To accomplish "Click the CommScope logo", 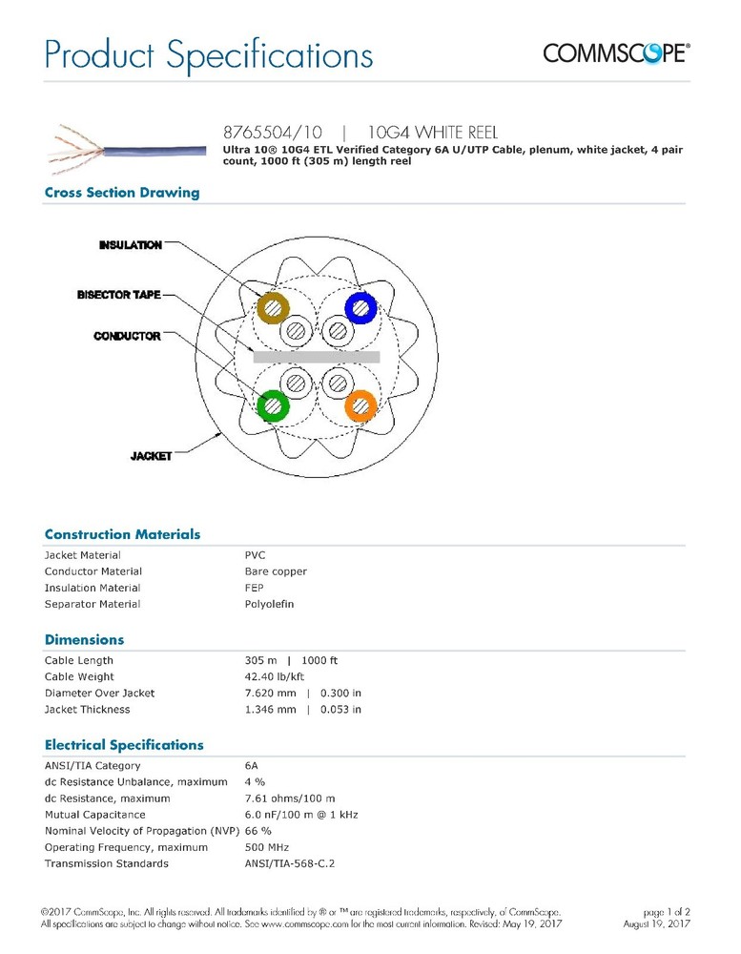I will click(x=616, y=52).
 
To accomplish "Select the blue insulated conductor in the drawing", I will click(x=361, y=306).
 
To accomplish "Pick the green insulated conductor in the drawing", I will click(x=274, y=404).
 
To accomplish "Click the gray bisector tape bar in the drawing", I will click(x=316, y=357).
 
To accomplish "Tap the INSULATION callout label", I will click(x=131, y=245).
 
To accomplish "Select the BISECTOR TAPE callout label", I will click(x=119, y=295).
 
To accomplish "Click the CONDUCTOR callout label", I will click(x=127, y=336).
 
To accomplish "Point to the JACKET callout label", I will click(x=151, y=456).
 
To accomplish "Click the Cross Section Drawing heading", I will click(x=122, y=193).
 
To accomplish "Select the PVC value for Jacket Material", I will click(x=256, y=555).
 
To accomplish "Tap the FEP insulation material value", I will click(x=255, y=588).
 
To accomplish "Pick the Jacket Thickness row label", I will click(x=87, y=709).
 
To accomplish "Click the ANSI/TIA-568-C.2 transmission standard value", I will click(x=290, y=863).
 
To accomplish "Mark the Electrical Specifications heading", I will click(x=124, y=745).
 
